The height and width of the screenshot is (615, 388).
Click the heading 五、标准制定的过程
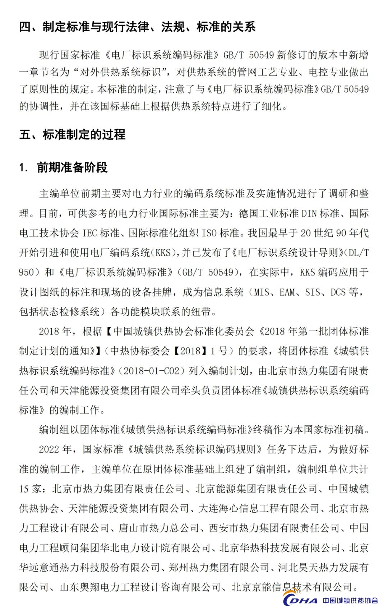[72, 134]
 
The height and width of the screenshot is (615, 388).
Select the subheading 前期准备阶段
[72, 167]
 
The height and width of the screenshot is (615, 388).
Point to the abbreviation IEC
[89, 233]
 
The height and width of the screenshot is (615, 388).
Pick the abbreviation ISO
[209, 233]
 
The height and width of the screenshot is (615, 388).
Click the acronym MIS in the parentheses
[261, 292]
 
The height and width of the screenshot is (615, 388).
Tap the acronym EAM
[287, 292]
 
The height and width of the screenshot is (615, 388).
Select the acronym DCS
[338, 292]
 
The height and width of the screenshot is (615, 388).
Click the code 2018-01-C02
[151, 371]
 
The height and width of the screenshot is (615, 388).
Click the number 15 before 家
[24, 489]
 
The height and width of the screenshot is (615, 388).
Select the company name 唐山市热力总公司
[159, 528]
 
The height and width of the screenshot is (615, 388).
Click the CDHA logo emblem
[299, 600]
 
